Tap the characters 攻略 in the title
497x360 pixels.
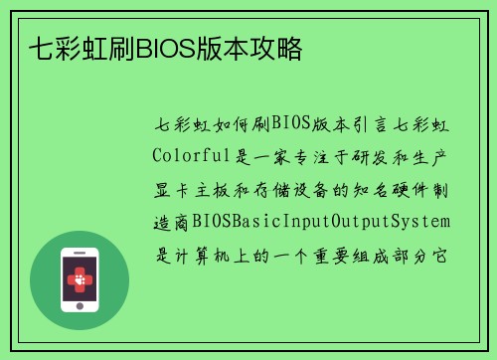283,48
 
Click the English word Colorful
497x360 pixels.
188,156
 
